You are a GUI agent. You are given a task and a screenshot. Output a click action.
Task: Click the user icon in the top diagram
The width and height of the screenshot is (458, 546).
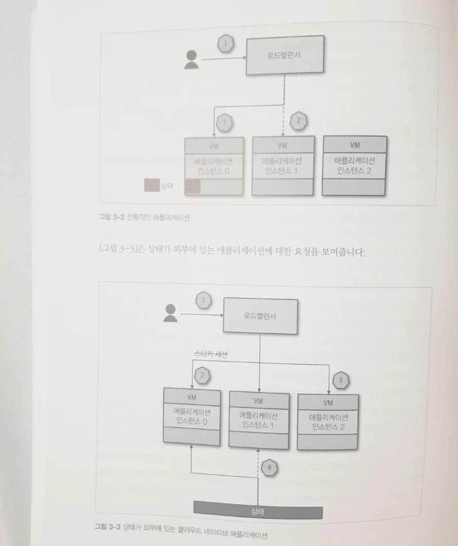191,60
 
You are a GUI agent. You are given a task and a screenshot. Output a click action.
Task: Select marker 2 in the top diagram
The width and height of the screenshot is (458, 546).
297,121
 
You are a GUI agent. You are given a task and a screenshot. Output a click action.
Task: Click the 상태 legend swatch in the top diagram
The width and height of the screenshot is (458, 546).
152,185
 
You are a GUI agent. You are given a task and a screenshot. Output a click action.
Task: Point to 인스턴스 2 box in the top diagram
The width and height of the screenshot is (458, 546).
354,165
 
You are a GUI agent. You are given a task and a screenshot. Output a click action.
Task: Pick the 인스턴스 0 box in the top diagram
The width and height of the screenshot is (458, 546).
214,165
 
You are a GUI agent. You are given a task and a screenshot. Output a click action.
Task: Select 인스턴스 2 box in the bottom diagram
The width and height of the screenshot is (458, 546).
328,422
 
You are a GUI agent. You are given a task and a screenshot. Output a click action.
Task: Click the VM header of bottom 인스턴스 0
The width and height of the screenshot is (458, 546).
192,397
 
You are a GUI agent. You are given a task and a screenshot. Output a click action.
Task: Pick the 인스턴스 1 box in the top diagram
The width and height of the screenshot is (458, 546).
282,165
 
